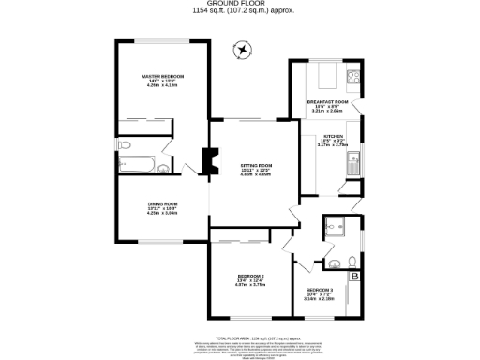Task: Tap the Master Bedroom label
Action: [162, 76]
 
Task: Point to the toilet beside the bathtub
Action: [163, 169]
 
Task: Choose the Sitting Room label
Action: [254, 163]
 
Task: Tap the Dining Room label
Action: [162, 202]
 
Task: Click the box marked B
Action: [354, 276]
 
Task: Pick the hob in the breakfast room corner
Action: [353, 77]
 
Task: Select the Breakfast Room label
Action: [327, 100]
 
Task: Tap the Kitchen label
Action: [332, 135]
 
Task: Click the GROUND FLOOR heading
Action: [238, 4]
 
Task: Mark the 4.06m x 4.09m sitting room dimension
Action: [254, 174]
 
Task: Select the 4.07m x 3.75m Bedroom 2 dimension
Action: [250, 286]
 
